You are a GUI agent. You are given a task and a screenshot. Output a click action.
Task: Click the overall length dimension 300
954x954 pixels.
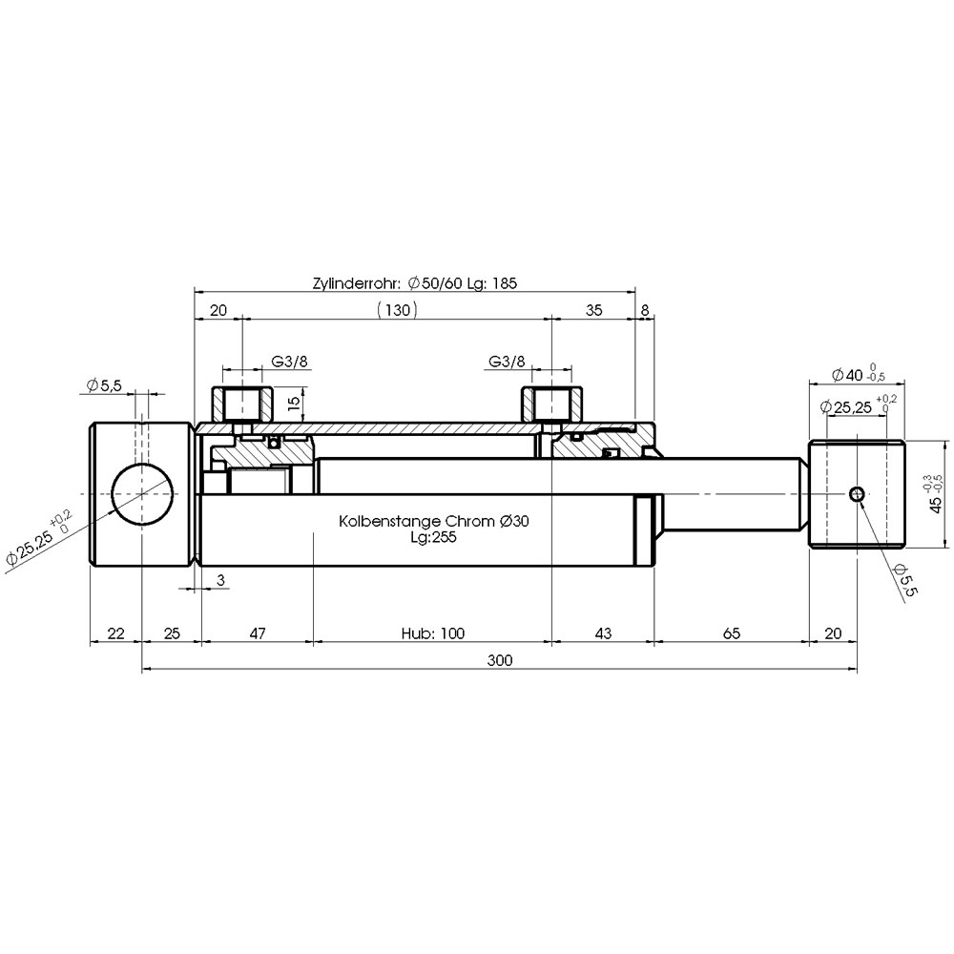(500, 660)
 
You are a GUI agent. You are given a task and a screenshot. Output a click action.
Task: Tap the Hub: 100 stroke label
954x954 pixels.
(432, 633)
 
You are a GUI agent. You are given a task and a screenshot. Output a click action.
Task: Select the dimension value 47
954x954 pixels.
(258, 633)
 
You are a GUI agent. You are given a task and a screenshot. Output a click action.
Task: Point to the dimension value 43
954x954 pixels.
(602, 633)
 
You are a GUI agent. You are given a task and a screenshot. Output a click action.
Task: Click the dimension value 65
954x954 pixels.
(732, 633)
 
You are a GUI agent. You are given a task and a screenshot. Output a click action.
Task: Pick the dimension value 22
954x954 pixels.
(115, 633)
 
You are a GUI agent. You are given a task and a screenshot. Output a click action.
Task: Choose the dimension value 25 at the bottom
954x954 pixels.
(172, 633)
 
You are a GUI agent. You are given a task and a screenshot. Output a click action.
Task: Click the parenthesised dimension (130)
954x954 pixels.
(397, 310)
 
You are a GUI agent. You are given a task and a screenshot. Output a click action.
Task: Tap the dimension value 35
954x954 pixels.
(593, 310)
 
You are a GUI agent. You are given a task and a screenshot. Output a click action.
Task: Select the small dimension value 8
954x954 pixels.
(645, 310)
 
